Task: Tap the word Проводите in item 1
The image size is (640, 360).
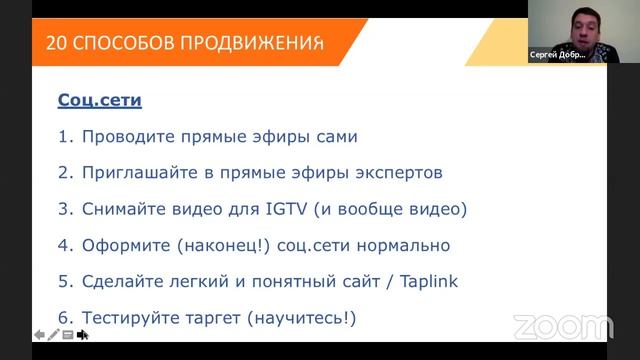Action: pyautogui.click(x=123, y=136)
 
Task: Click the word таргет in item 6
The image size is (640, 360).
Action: pyautogui.click(x=203, y=317)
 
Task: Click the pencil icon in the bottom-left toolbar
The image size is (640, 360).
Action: pyautogui.click(x=53, y=335)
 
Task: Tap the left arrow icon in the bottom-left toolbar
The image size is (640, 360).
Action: pyautogui.click(x=39, y=335)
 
